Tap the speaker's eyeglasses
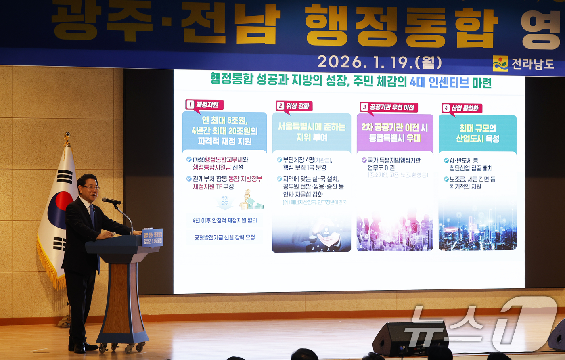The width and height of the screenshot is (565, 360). [x=91, y=187]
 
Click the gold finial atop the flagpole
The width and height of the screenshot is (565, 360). [x=67, y=139]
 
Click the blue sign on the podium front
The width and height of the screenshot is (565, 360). [x=152, y=238]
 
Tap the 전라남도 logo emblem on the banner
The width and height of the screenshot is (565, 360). [x=500, y=63]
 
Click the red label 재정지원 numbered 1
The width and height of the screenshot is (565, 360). [x=204, y=105]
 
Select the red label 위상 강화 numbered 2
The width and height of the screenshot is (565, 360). [x=294, y=106]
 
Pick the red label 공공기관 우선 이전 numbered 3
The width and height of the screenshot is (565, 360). [x=389, y=107]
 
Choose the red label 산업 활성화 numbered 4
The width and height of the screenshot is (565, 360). [x=462, y=108]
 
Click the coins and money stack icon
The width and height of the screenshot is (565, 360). [x=250, y=201]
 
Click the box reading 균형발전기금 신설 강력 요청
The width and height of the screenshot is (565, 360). [x=224, y=237]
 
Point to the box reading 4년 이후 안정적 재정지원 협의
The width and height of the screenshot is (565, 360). [x=224, y=220]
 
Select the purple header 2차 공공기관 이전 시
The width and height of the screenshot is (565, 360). [x=395, y=133]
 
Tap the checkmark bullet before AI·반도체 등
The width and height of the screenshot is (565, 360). [x=446, y=161]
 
